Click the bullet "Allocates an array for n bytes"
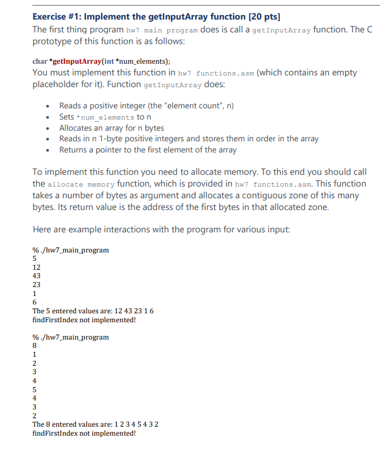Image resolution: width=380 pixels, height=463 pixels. [111, 128]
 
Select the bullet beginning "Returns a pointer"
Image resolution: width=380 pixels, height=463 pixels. [148, 150]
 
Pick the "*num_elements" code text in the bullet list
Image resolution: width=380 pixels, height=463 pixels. [104, 117]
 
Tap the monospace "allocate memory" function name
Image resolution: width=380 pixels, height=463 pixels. [81, 184]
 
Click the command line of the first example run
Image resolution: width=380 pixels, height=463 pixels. [71, 250]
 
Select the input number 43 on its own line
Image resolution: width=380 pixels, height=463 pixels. [36, 275]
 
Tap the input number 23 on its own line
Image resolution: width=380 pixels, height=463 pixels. [36, 284]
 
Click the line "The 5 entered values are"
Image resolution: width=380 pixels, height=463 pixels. [93, 311]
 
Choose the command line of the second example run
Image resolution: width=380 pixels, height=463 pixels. [71, 337]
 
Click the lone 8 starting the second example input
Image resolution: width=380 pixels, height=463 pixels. [35, 345]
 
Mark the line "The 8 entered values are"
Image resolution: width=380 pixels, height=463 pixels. [96, 424]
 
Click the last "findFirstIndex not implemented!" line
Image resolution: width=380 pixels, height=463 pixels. [84, 433]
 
